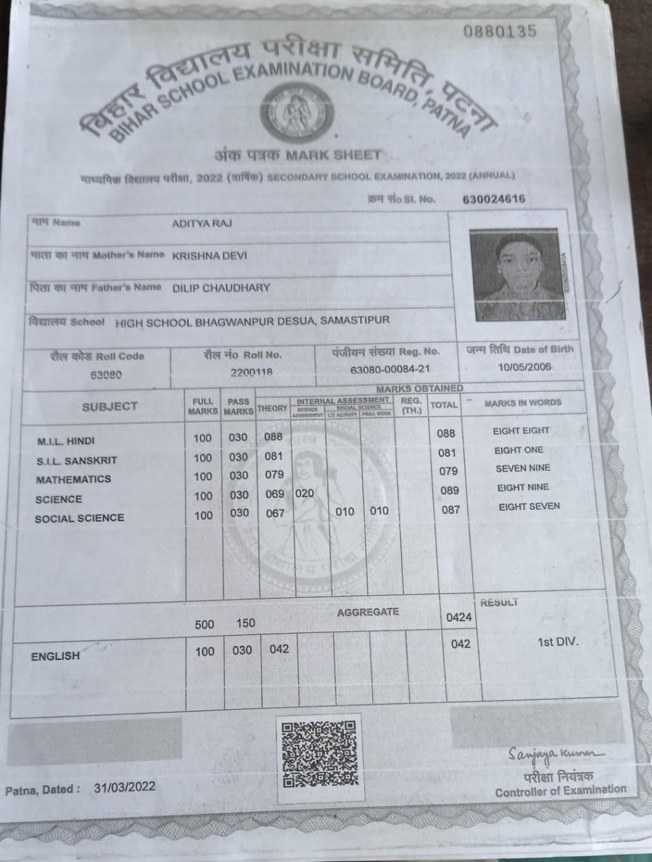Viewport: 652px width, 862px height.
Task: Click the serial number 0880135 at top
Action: (501, 31)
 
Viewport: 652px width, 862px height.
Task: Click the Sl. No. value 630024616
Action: (494, 199)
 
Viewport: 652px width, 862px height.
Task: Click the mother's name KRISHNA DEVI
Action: (209, 256)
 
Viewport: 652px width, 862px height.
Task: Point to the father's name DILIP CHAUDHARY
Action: (221, 288)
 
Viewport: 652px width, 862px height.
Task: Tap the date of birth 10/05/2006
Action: (525, 367)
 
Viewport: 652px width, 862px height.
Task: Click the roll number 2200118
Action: (251, 372)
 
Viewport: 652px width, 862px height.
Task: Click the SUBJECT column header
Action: (110, 407)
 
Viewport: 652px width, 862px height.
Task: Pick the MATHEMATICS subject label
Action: (73, 479)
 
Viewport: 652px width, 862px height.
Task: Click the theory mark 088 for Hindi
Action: (273, 436)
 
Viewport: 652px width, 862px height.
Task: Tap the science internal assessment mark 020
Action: (305, 493)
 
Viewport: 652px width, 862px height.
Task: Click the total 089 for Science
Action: (449, 490)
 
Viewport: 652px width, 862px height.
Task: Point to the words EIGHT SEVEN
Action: (529, 506)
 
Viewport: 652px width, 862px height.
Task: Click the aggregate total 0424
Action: (459, 617)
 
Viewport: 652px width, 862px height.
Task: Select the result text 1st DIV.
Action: (557, 642)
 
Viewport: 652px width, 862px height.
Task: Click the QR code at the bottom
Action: (319, 754)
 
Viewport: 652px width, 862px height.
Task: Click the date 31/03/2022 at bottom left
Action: (124, 787)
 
